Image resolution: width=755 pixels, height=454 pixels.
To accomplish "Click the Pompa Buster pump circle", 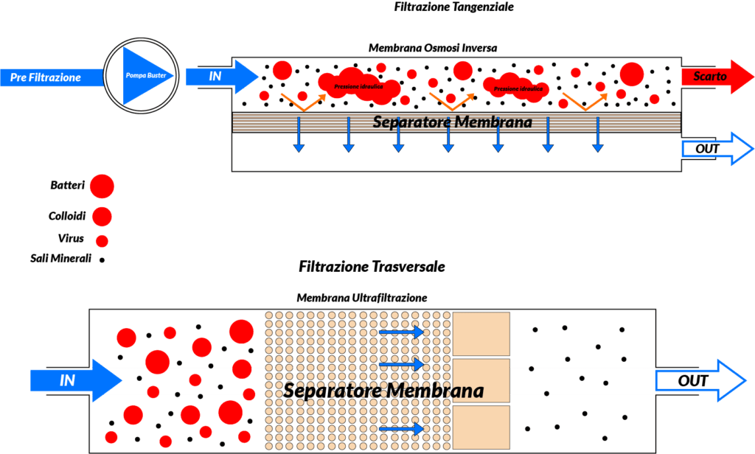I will pos(140,75).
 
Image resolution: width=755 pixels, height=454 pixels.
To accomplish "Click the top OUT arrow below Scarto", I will pos(714,149).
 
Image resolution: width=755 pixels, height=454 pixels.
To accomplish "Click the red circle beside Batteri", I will pos(102,186).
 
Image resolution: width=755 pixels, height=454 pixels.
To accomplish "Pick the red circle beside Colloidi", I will pos(101,216).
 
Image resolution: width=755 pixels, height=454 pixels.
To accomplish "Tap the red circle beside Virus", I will pos(102,240).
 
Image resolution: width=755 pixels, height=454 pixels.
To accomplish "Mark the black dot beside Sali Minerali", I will pos(102,259).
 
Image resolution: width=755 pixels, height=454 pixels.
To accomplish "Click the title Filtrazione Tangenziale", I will pos(454,7).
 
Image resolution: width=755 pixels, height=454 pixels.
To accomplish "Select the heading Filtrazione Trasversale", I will pos(372,266).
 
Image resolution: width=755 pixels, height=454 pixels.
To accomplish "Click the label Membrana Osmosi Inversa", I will pos(433,48).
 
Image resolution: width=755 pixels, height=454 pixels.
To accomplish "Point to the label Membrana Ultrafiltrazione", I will pos(361,298).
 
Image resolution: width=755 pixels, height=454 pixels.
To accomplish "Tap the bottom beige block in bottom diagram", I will pos(481,427).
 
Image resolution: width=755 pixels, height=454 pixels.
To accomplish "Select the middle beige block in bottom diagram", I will pos(481,380).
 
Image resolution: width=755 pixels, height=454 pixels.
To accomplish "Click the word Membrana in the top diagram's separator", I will pos(494,122).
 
